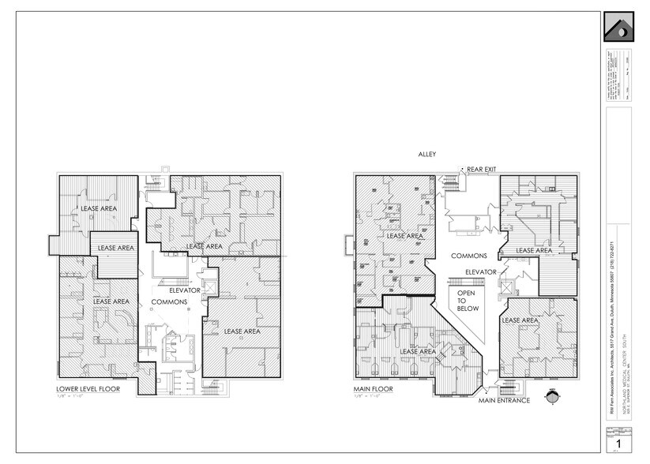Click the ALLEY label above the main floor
[428, 155]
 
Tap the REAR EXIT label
[481, 170]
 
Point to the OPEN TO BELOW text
[460, 301]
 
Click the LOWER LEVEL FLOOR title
[87, 389]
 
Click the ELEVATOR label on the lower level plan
[186, 290]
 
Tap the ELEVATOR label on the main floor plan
[480, 271]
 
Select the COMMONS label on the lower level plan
[167, 301]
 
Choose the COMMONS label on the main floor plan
[468, 256]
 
